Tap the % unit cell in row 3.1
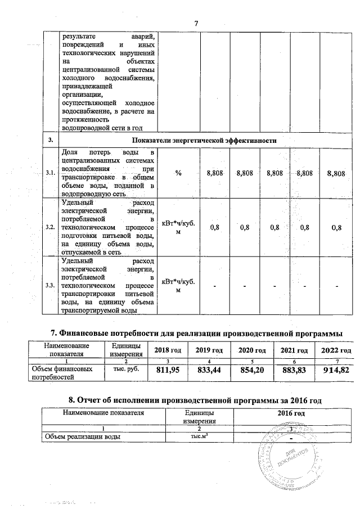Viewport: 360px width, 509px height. [178, 174]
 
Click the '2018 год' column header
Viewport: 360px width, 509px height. [167, 350]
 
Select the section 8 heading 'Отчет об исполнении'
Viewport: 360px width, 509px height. [194, 399]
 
